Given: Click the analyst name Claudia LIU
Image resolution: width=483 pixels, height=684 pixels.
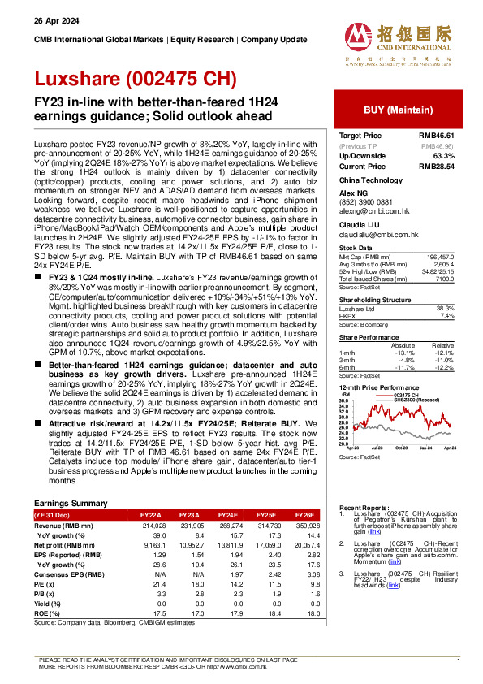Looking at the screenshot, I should [x=359, y=223].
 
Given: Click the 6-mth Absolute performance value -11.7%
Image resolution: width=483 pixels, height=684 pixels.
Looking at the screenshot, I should [x=403, y=369].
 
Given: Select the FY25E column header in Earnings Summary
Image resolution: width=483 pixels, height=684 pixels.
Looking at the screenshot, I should [x=262, y=515].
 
